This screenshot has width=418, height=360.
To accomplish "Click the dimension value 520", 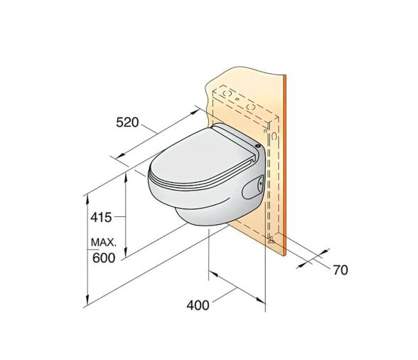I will (128, 123).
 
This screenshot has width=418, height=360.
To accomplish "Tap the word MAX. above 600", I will (103, 244).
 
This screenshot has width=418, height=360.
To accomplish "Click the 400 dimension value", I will (198, 305).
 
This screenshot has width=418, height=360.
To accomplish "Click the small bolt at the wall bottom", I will (270, 241).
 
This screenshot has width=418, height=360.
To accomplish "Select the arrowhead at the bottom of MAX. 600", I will (87, 302).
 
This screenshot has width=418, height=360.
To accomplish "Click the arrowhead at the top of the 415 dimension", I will (126, 172).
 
